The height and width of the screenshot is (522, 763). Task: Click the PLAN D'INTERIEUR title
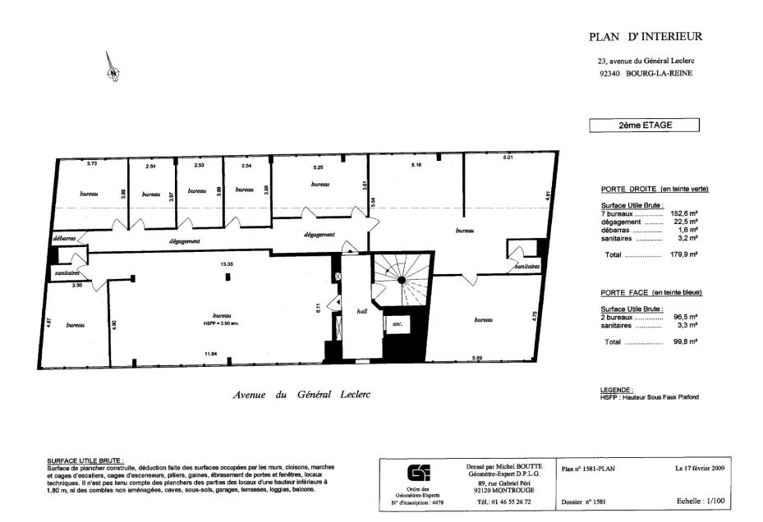[646, 36]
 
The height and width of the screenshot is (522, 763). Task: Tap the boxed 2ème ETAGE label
[645, 126]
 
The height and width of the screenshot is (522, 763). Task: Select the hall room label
[361, 312]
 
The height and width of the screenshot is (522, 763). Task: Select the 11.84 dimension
[210, 354]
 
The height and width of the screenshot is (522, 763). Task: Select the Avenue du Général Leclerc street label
[302, 394]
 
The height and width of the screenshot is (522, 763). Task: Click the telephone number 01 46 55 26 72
[504, 501]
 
